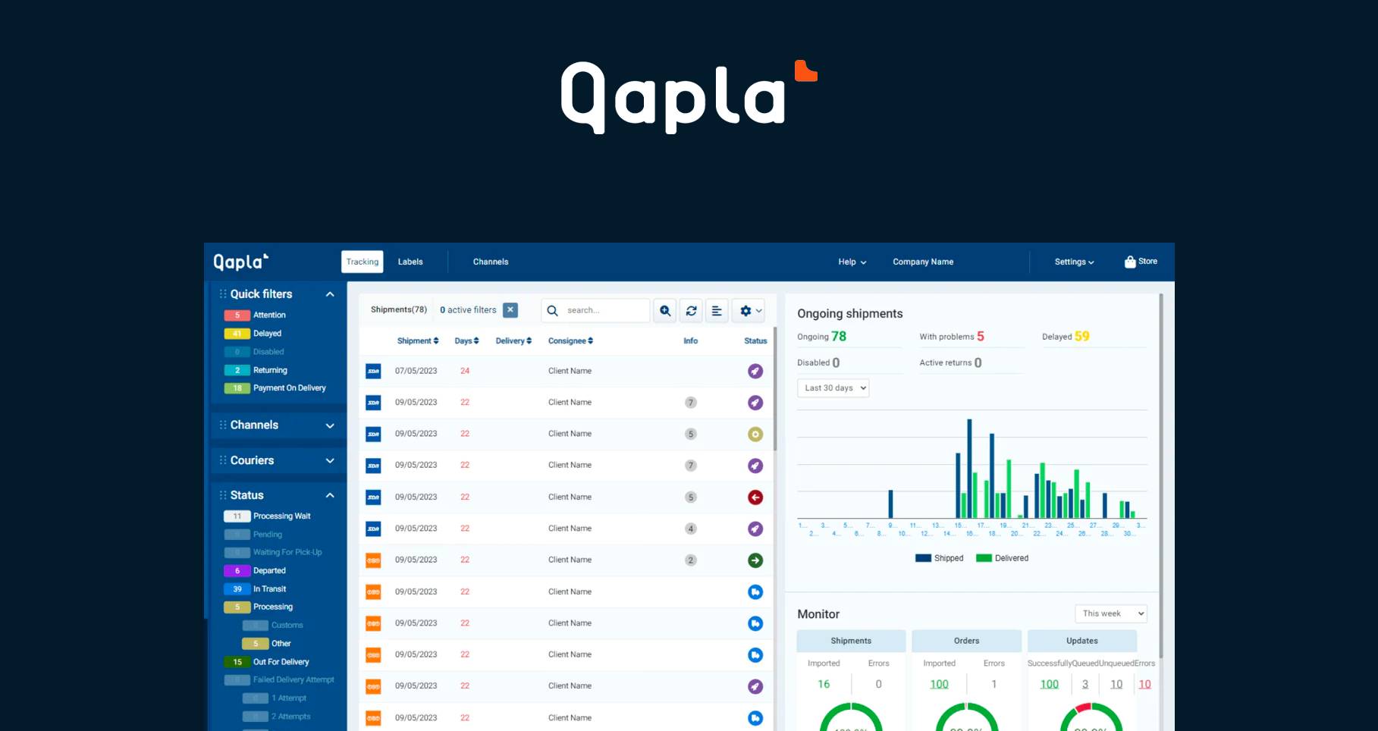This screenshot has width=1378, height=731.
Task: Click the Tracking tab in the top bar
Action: tap(363, 262)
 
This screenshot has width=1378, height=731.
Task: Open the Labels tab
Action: tap(410, 262)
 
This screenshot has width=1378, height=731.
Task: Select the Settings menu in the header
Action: tap(1074, 262)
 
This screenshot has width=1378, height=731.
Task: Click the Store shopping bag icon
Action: tap(1130, 262)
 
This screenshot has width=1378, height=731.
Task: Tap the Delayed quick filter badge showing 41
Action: tap(237, 334)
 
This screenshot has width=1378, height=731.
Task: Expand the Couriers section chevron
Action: tap(330, 460)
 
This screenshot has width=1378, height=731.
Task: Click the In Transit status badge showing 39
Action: tap(237, 589)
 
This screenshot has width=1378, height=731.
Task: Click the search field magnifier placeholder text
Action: tap(583, 310)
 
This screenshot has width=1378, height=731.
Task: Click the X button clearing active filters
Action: tap(510, 310)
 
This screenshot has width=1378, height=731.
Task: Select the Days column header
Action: tap(466, 341)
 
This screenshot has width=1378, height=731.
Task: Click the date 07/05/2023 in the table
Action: tap(416, 371)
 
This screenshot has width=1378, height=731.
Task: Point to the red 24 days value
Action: tap(465, 371)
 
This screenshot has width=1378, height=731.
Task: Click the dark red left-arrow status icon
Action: tap(755, 497)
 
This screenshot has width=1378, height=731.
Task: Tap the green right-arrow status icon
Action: tap(755, 560)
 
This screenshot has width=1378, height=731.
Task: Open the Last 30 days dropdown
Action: tap(833, 388)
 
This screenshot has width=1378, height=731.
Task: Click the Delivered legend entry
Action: tap(1003, 558)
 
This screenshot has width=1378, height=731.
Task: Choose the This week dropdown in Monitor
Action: tap(1111, 613)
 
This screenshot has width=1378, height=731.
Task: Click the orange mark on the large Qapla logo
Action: tap(805, 71)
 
